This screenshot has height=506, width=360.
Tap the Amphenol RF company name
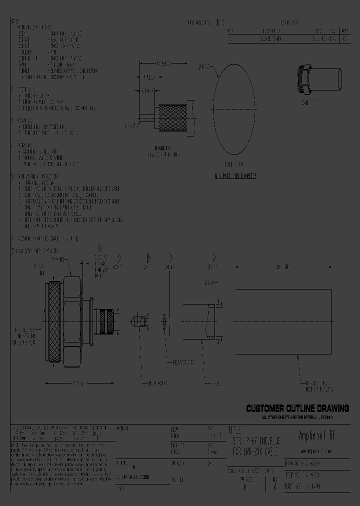coord(319,434)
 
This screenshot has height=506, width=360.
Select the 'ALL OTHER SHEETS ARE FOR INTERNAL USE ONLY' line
coord(297,416)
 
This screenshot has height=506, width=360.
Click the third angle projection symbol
coord(220,22)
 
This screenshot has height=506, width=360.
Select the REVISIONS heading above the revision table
coord(289,22)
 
